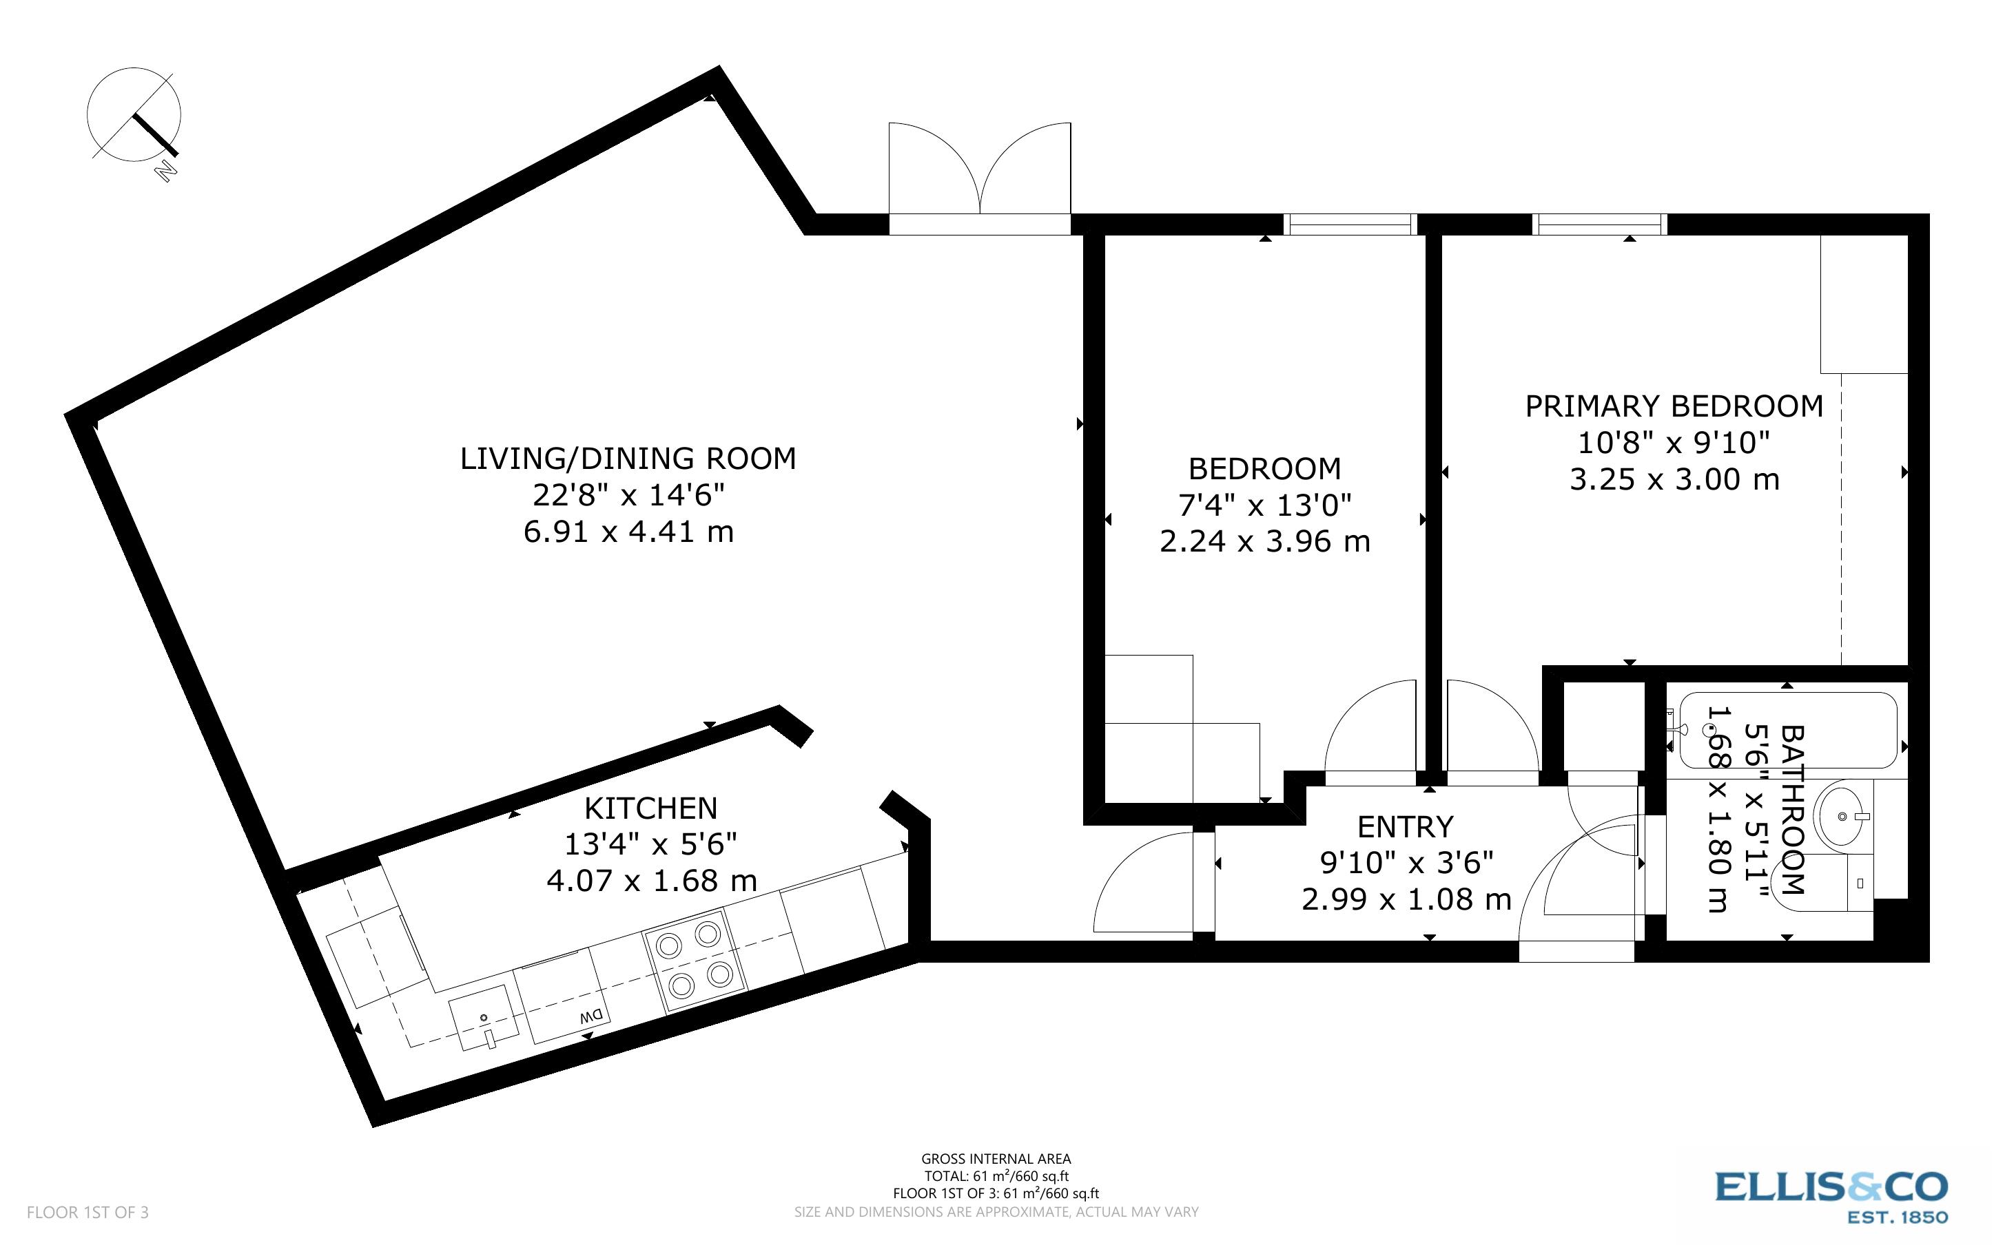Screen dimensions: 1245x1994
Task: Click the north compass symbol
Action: pyautogui.click(x=134, y=115)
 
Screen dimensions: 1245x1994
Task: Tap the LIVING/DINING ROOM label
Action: pyautogui.click(x=628, y=459)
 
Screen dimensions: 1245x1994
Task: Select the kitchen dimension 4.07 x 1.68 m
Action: pyautogui.click(x=652, y=881)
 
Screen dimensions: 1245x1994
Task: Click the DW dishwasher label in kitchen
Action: pyautogui.click(x=591, y=1017)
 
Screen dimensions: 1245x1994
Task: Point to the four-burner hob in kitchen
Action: pyautogui.click(x=695, y=959)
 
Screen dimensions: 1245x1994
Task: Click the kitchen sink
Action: pyautogui.click(x=484, y=1018)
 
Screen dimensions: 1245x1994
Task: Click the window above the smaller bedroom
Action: pyautogui.click(x=1350, y=224)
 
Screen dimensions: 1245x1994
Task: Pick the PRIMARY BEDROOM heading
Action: pyautogui.click(x=1674, y=407)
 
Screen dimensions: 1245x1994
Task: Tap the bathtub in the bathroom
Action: pyautogui.click(x=1787, y=731)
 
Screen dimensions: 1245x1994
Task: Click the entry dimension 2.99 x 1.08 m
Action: pyautogui.click(x=1406, y=899)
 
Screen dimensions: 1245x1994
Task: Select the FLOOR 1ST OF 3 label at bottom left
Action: pyautogui.click(x=88, y=1212)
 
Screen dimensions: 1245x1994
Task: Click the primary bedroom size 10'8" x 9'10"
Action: pyautogui.click(x=1673, y=444)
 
